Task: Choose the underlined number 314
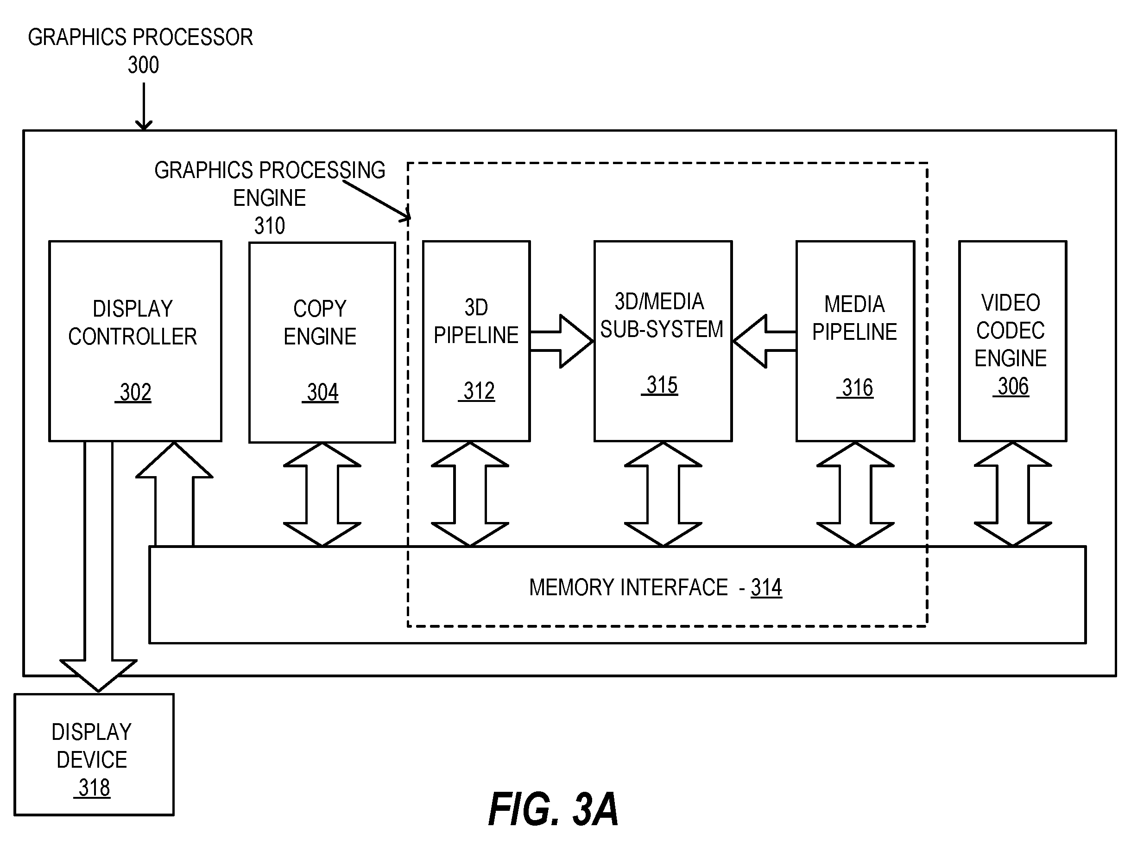pos(766,587)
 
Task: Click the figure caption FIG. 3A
pos(553,809)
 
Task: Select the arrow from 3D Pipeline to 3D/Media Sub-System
pos(562,341)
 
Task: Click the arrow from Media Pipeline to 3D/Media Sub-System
pos(765,341)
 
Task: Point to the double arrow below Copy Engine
pos(322,494)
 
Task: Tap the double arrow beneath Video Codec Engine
pos(1013,494)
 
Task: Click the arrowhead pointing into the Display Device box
pos(98,675)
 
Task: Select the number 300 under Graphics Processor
pos(143,65)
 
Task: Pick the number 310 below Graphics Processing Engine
pos(270,226)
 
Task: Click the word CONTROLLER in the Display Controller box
pos(133,337)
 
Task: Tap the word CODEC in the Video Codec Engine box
pos(1011,331)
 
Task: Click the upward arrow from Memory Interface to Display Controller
pos(174,494)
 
